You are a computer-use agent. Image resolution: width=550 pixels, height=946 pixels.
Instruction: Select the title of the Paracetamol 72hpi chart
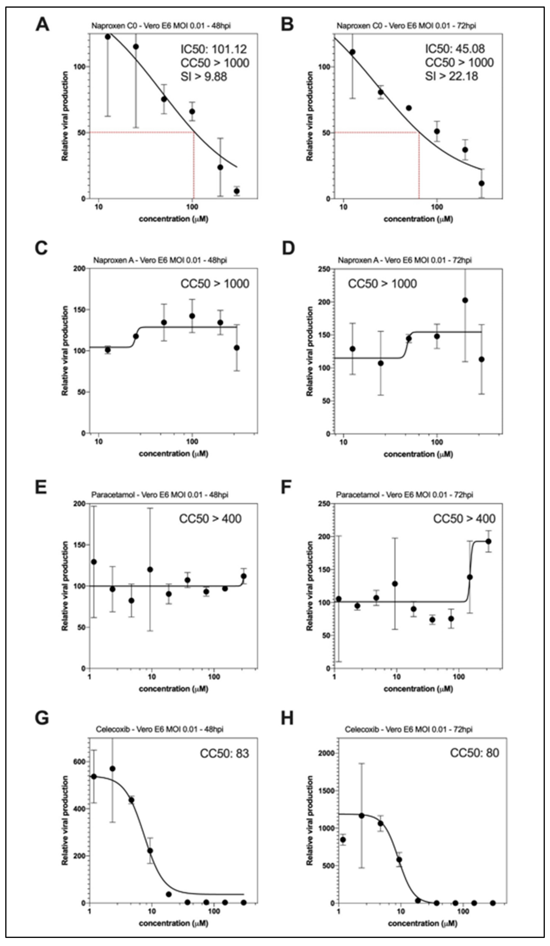click(404, 495)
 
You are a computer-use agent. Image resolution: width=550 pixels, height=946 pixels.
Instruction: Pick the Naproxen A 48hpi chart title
click(159, 260)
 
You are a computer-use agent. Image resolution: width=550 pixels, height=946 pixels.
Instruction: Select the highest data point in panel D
click(465, 300)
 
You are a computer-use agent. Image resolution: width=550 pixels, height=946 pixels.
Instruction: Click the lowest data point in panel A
click(236, 191)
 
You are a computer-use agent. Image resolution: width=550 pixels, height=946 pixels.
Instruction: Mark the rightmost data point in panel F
click(488, 541)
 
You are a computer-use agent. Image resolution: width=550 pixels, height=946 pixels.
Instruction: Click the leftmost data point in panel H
click(343, 839)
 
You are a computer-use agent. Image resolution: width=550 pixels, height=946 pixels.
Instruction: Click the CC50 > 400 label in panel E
click(210, 519)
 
